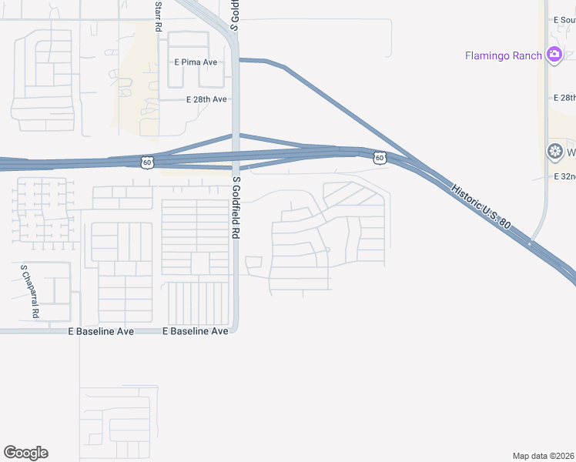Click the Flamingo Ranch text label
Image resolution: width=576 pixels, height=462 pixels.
tap(504, 55)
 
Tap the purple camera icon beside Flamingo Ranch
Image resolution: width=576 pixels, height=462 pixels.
tap(553, 55)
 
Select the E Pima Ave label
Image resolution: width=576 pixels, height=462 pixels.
tap(196, 62)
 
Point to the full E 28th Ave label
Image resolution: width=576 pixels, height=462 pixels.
tap(206, 99)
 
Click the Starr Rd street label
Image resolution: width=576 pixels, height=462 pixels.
tap(158, 15)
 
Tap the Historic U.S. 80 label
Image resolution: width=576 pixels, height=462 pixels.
tap(481, 205)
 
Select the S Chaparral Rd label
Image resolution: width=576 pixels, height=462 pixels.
tap(30, 293)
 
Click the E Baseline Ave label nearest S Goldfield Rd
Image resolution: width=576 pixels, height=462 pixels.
tap(196, 331)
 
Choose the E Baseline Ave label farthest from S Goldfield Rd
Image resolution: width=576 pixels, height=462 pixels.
tap(101, 331)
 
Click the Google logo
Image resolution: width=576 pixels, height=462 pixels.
tap(25, 453)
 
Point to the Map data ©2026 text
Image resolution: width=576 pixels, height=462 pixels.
tap(544, 455)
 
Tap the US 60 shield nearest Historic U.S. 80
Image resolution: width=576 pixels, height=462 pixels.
tap(380, 157)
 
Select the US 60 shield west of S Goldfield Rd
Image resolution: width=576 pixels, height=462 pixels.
tap(147, 162)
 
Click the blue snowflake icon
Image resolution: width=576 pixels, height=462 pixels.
tap(553, 151)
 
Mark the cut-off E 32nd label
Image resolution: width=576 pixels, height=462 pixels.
tap(564, 176)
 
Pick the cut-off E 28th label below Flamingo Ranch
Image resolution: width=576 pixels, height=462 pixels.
tap(564, 98)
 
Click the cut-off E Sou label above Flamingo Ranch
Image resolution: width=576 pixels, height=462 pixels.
tap(564, 19)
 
